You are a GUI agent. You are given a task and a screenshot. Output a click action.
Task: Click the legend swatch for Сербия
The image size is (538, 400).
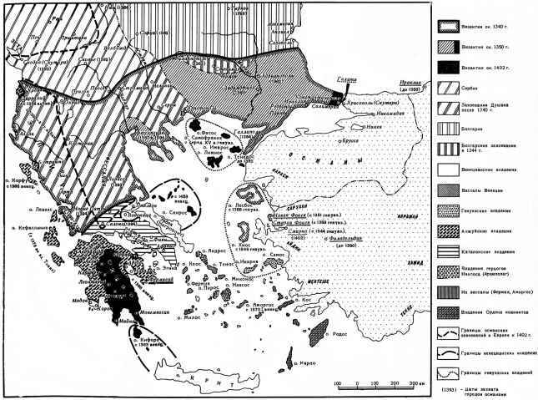pos(452,85)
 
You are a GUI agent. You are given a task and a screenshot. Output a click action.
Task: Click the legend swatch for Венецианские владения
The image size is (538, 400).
pos(452,167)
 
